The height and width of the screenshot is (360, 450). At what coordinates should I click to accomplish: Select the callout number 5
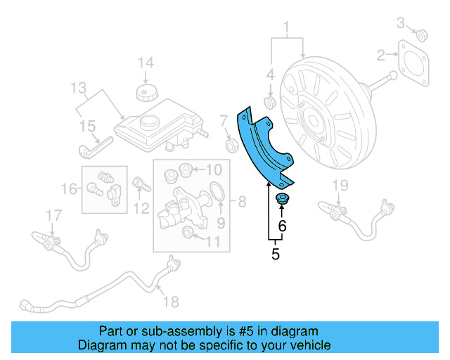275,255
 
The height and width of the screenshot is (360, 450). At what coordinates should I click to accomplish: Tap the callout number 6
282,226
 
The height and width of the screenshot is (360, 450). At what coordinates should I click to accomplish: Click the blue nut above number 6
283,198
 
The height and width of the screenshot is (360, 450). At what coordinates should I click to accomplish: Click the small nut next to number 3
423,34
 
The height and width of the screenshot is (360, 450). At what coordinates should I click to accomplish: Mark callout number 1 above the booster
286,28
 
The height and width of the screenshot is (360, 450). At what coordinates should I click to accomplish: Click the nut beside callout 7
229,145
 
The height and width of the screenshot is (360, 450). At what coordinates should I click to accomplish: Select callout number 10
214,169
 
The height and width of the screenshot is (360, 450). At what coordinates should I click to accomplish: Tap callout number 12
142,208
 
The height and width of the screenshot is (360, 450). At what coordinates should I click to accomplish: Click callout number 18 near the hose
170,302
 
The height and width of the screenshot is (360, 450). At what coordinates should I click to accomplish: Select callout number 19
340,186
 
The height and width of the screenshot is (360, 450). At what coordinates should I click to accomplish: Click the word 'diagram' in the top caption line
296,330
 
